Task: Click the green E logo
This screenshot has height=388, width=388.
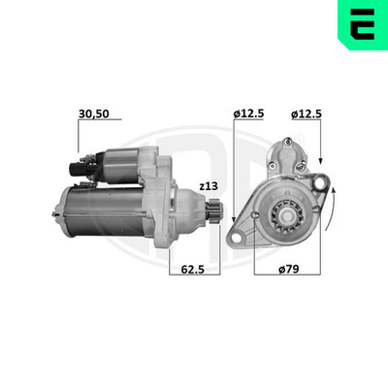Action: (360, 23)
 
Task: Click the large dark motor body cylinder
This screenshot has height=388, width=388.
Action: (102, 211)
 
